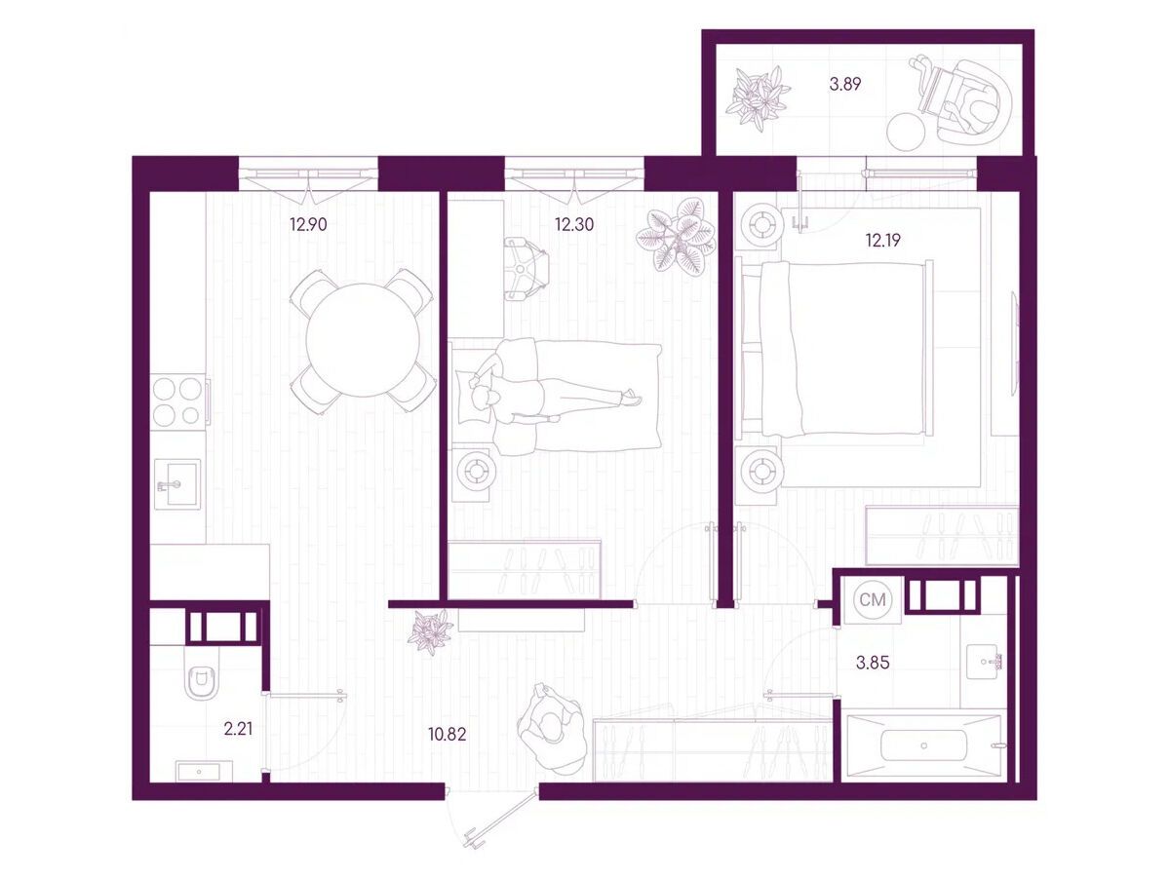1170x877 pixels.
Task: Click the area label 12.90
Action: coord(308,225)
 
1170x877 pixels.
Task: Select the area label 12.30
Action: coord(574,225)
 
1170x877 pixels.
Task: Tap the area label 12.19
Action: coord(882,241)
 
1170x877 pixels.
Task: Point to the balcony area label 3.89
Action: coord(845,84)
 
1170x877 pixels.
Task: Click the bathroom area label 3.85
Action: coord(873,663)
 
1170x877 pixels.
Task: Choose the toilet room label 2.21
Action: coord(238,729)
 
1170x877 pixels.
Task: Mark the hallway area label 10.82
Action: coord(447,735)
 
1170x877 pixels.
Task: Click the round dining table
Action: coord(364,341)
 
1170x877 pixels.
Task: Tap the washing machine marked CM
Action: coord(873,600)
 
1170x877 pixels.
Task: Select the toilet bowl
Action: coord(201,681)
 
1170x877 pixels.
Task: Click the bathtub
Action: coord(923,745)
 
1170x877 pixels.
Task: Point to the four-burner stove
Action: coord(177,401)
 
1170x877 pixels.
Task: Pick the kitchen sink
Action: coord(177,484)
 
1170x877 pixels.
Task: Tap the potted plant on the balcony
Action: coord(758,98)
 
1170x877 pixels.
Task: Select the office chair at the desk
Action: coord(526,270)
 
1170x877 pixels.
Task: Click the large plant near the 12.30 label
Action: coord(676,236)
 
